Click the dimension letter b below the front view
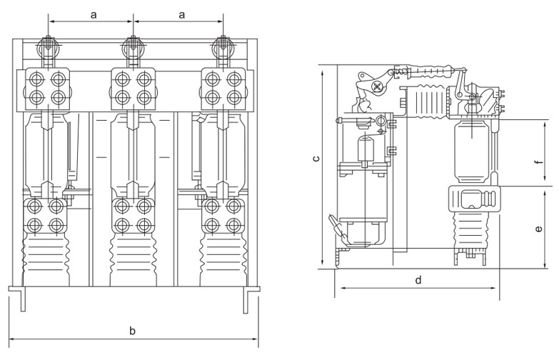click(131, 331)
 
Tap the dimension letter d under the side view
click(418, 280)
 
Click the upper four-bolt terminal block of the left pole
click(46, 86)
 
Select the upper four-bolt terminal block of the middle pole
click(134, 86)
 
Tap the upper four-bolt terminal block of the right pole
click(222, 86)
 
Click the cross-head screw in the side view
click(376, 86)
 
